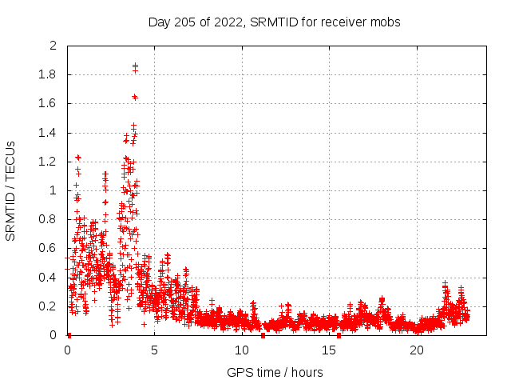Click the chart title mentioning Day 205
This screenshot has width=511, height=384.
[x=274, y=22]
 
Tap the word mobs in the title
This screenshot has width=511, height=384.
[x=386, y=22]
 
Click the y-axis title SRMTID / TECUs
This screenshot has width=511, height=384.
[x=11, y=190]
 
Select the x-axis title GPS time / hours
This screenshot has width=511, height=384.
[x=274, y=372]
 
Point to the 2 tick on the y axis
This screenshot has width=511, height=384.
[x=53, y=46]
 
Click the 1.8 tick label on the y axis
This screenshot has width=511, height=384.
[x=49, y=75]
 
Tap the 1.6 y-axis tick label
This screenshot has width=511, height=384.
[x=49, y=104]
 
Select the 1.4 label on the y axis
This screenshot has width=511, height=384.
[x=49, y=133]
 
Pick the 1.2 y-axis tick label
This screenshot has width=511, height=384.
[x=49, y=162]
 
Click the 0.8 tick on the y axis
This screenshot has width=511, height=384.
[x=49, y=219]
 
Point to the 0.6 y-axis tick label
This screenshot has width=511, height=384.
[x=49, y=248]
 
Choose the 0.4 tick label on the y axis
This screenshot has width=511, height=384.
[x=49, y=278]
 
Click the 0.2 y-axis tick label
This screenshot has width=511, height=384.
[x=49, y=306]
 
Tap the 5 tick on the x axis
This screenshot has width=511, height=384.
[x=155, y=350]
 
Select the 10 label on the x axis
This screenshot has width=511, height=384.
[x=242, y=350]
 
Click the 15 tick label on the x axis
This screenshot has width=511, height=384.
[x=330, y=350]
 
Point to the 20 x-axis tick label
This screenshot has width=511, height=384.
[x=417, y=350]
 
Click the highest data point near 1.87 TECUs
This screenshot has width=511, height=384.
[x=135, y=65]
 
